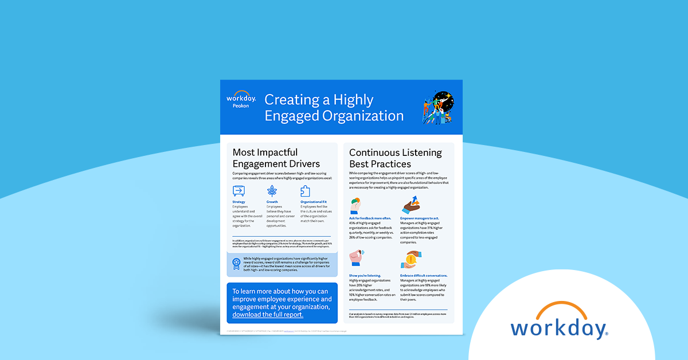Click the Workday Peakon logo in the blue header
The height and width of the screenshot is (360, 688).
241,100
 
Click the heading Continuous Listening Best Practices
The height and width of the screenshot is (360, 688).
395,158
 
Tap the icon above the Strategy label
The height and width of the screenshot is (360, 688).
239,191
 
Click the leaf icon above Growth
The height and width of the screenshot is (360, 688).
272,191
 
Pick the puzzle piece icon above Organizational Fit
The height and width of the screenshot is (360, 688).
306,191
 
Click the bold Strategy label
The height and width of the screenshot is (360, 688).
239,202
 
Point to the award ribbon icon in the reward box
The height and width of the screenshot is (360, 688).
236,263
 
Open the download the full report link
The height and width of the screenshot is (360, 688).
268,315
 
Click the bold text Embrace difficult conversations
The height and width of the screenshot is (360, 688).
424,275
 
